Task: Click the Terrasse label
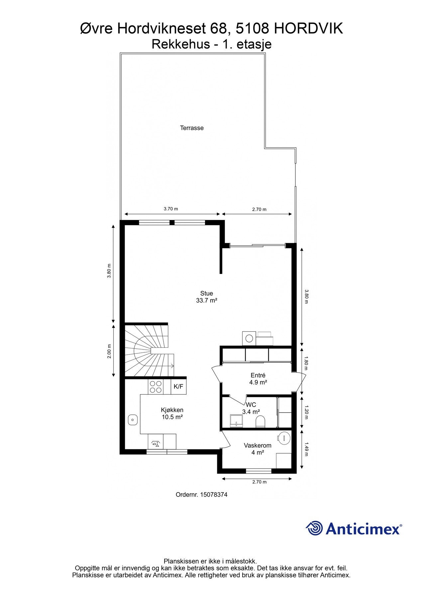tap(192, 128)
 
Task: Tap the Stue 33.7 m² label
tap(206, 297)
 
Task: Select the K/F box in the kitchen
tap(178, 387)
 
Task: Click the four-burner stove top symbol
tap(156, 387)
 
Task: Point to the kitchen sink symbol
tap(133, 420)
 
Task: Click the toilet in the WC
tap(260, 422)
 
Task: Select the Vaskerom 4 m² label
tap(258, 449)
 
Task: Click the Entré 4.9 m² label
tap(258, 379)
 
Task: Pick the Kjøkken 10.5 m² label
tap(172, 413)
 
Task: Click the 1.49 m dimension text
tap(306, 449)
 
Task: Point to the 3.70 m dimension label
tap(171, 209)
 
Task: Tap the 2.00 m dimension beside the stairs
tap(109, 351)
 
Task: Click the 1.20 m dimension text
tap(306, 412)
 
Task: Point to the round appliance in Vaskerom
tap(284, 438)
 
